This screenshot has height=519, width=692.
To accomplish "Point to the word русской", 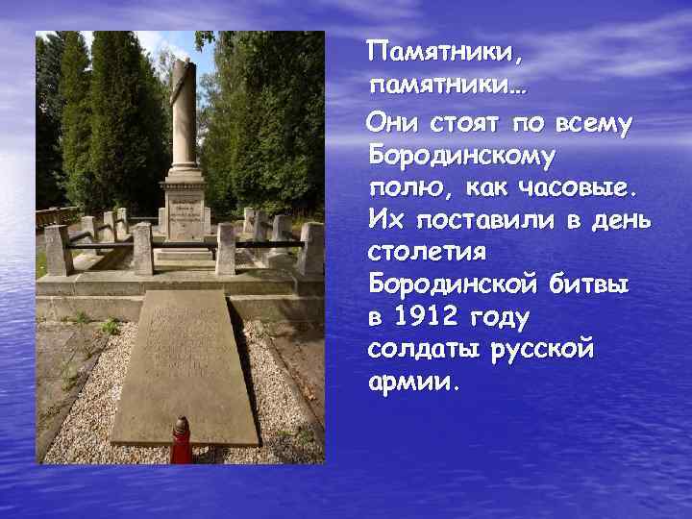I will [545, 350].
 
